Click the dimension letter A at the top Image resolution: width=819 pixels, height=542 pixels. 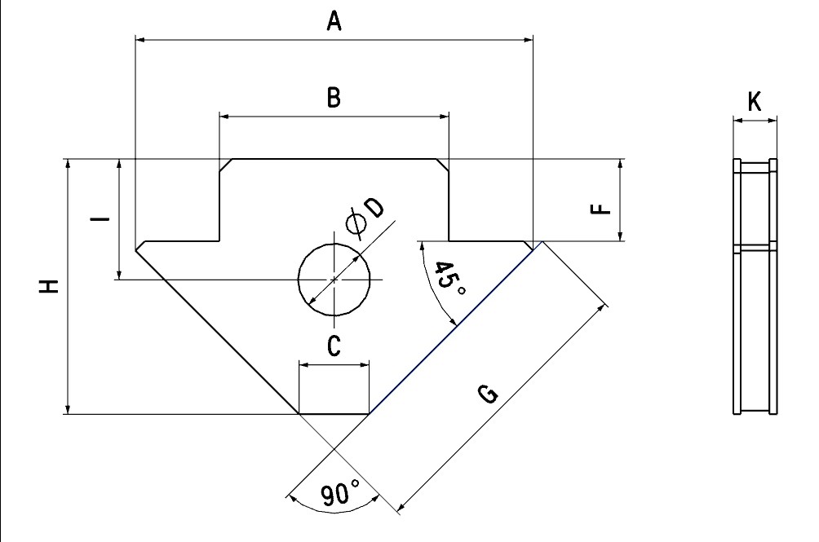(334, 21)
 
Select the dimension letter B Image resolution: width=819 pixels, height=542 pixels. (334, 98)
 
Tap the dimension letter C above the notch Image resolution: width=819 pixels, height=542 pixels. (334, 346)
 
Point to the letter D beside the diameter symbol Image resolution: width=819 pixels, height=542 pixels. (374, 208)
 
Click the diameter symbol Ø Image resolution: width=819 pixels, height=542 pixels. (356, 224)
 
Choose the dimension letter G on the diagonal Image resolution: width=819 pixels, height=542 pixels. (488, 394)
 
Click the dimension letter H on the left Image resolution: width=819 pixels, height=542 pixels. (49, 286)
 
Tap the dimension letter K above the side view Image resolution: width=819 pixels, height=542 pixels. (755, 102)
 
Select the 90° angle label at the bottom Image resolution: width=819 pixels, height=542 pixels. (340, 493)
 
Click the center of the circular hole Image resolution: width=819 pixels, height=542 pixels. (334, 280)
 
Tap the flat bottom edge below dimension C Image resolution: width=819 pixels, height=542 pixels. (334, 414)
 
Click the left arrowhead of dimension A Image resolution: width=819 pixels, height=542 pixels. (140, 39)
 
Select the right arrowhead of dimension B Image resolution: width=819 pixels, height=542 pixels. (445, 117)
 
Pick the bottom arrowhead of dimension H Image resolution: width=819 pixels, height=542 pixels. (68, 409)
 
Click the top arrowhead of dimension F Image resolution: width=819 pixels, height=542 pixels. (621, 164)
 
